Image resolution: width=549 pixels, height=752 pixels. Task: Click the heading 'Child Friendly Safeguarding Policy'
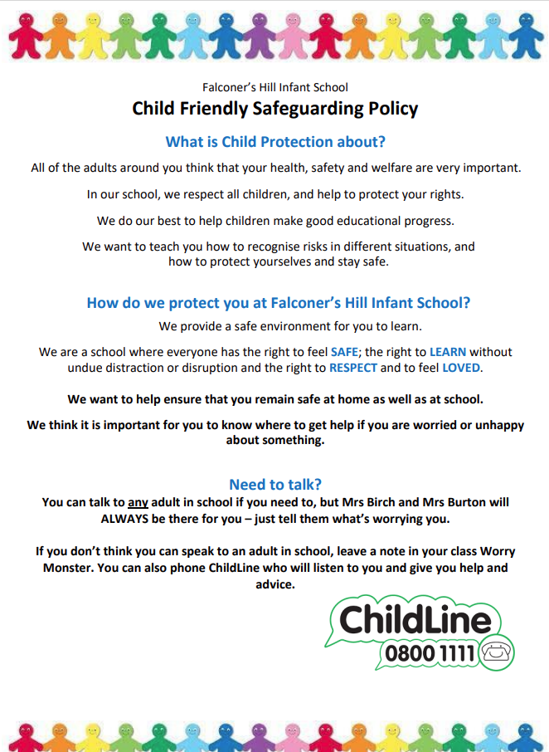(x=274, y=109)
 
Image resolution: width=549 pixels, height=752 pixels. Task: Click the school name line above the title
(x=274, y=87)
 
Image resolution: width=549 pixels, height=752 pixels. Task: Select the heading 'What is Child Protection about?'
(x=274, y=142)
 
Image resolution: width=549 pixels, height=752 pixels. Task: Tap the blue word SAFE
(x=345, y=352)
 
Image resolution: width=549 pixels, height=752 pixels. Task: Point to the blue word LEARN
(x=448, y=352)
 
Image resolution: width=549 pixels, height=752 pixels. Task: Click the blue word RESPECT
(x=353, y=368)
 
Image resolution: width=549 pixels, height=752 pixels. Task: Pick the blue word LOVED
(x=461, y=368)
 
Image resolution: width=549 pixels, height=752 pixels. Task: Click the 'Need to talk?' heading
(x=274, y=485)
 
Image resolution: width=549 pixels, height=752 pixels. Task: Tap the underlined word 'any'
(x=138, y=502)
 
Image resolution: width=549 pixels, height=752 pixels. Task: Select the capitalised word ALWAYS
(x=129, y=518)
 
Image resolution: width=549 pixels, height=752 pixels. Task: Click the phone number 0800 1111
(x=430, y=653)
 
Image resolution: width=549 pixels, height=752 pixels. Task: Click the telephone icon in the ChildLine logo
(x=497, y=652)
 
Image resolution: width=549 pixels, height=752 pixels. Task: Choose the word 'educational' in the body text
(x=349, y=221)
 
